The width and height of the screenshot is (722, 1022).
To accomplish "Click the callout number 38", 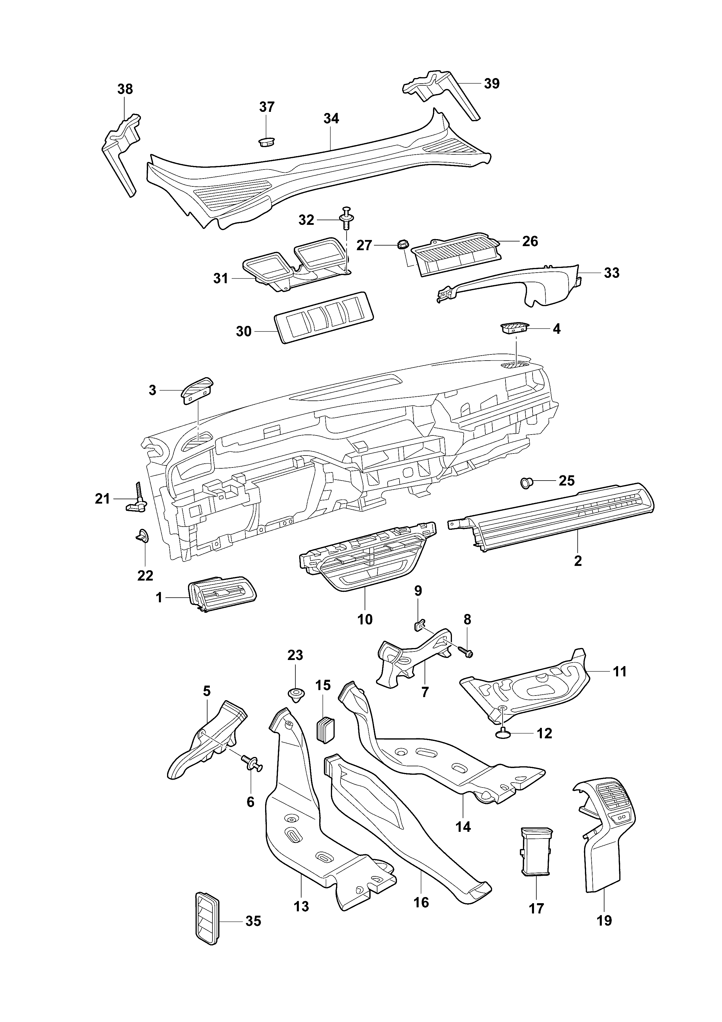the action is (125, 89).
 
